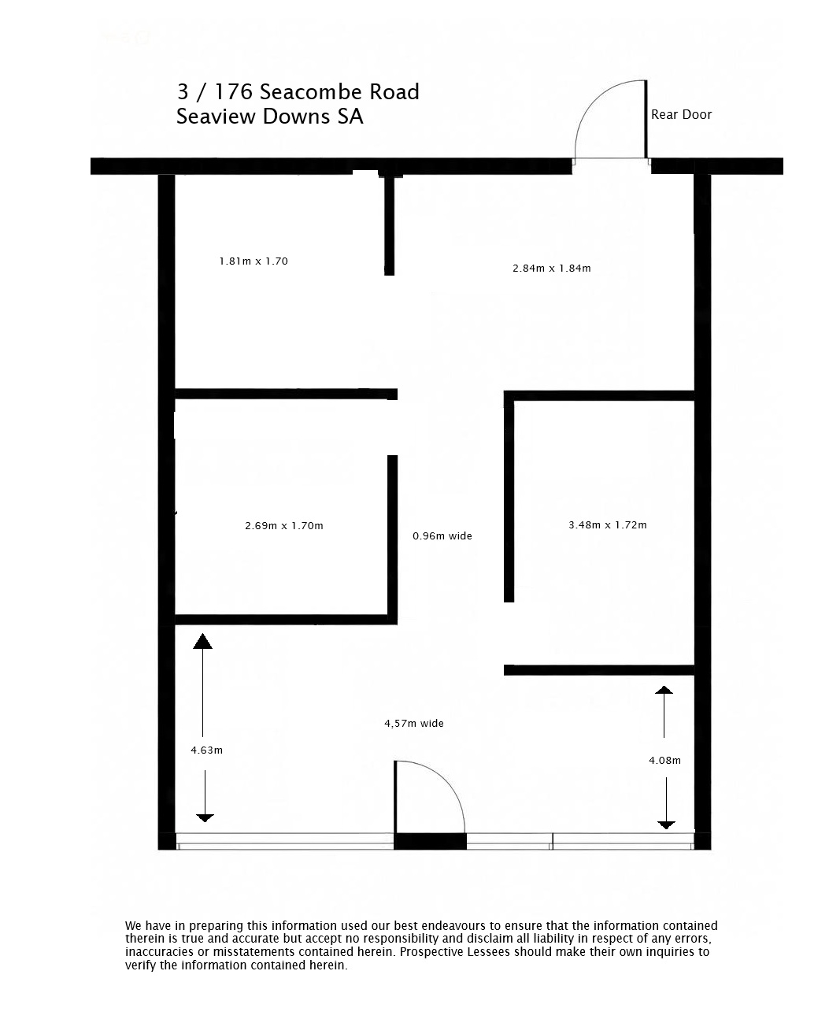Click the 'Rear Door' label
click(681, 114)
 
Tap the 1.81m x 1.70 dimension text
click(253, 261)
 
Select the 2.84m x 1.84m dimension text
click(551, 269)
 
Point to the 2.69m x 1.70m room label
click(283, 526)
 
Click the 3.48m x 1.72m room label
click(607, 524)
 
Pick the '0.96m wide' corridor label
click(442, 535)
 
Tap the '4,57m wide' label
click(414, 724)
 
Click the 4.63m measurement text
click(206, 750)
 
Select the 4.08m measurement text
click(664, 760)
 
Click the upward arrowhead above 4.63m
click(202, 642)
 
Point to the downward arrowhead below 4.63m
click(205, 818)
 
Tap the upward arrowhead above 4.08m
click(664, 690)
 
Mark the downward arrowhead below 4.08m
click(666, 824)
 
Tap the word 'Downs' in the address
click(297, 117)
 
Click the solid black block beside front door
click(430, 841)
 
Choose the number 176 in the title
click(234, 92)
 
